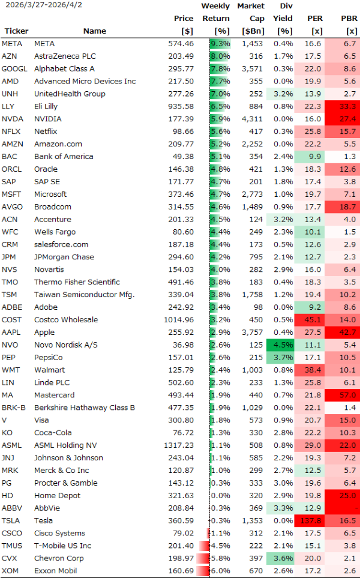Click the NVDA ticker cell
[10, 119]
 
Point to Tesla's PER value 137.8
[310, 521]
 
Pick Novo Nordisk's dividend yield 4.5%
[283, 345]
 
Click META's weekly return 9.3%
[220, 44]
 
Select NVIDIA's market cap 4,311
[251, 119]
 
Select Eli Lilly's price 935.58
[182, 106]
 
